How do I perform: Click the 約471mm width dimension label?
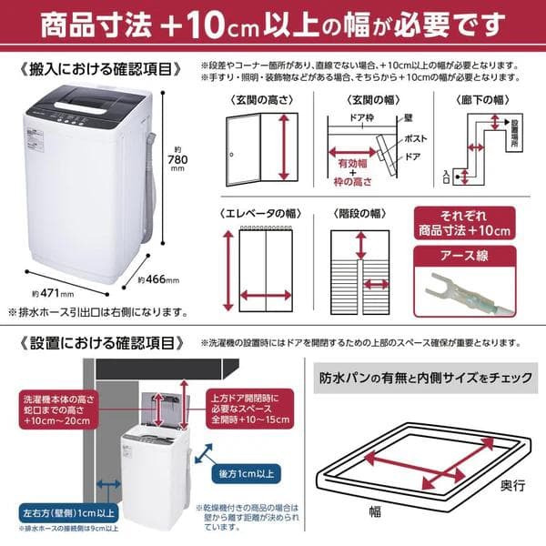pyautogui.click(x=43, y=293)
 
